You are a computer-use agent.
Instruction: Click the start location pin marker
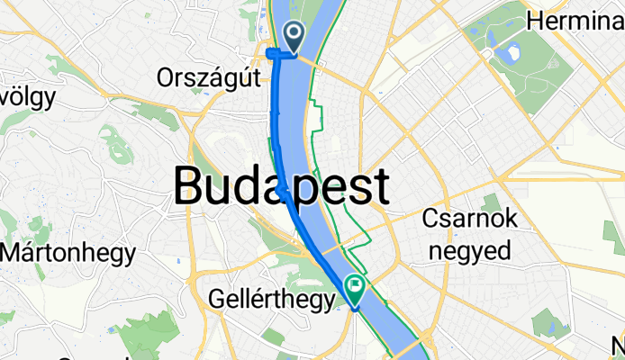pyautogui.click(x=294, y=37)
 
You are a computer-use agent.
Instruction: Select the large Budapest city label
pyautogui.click(x=281, y=187)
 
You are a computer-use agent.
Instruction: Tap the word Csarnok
pyautogui.click(x=468, y=221)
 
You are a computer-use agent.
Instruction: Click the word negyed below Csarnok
pyautogui.click(x=469, y=248)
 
